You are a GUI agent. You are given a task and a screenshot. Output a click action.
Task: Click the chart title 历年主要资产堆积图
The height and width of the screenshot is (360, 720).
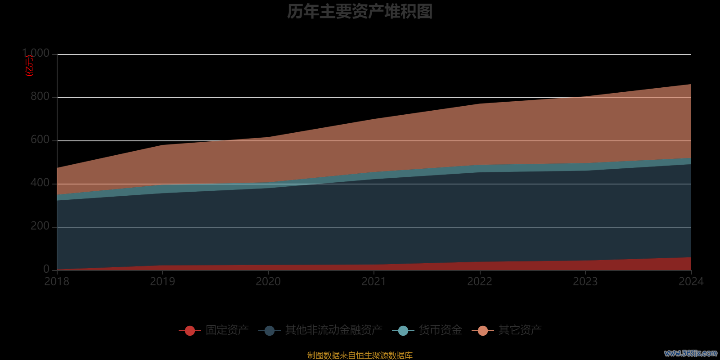(x=360, y=12)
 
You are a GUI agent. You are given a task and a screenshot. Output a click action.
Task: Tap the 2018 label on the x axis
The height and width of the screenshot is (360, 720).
(x=57, y=282)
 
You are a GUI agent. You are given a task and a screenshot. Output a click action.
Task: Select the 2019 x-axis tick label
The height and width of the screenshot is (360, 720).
(x=162, y=282)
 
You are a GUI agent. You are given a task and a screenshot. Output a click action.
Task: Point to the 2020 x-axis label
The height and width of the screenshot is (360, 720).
(x=268, y=282)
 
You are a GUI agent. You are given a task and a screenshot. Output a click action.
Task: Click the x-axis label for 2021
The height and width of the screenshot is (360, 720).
(x=374, y=282)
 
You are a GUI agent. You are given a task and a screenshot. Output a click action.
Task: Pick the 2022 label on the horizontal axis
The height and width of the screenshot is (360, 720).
(x=480, y=282)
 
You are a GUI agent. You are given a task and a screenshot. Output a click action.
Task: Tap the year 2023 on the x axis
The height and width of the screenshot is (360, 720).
(x=585, y=282)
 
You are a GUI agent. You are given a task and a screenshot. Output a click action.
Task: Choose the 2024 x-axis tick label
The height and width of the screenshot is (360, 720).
(x=691, y=282)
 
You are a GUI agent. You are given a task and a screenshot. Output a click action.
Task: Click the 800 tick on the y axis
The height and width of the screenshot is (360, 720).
(x=40, y=96)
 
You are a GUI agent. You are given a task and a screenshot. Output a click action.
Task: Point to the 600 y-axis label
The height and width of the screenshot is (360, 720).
(x=40, y=139)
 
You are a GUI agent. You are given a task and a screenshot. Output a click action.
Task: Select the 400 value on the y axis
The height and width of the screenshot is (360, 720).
(x=40, y=183)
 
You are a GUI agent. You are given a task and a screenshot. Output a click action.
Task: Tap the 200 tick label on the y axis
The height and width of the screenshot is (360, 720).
(x=40, y=226)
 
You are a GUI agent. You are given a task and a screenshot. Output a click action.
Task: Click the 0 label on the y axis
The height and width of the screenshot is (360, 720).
(x=46, y=269)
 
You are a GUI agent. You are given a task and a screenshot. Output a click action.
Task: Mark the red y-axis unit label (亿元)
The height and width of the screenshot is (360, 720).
(x=30, y=66)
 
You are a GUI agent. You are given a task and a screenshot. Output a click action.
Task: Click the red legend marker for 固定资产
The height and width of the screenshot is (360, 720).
(x=190, y=331)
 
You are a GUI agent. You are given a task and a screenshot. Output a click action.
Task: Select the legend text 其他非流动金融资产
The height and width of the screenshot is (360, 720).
(x=333, y=330)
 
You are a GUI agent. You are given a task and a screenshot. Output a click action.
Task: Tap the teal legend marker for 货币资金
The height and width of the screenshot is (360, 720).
(x=403, y=331)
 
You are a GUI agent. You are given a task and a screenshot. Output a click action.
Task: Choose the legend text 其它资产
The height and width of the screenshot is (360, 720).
(x=520, y=330)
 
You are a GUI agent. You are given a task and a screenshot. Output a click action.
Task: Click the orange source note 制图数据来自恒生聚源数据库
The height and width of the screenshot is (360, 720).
(x=360, y=355)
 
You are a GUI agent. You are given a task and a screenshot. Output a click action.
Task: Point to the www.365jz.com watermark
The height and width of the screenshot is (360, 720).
(x=690, y=353)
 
